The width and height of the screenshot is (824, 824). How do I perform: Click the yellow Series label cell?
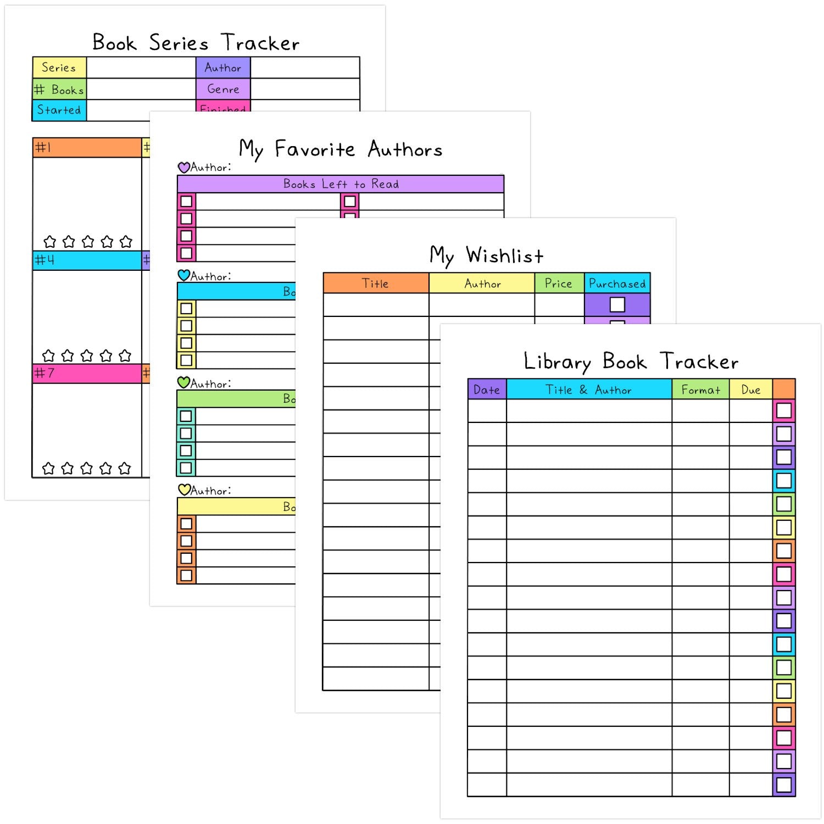coord(59,68)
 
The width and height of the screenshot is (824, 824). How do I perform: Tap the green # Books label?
coord(59,89)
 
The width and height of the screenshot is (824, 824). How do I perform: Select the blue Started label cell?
coord(59,110)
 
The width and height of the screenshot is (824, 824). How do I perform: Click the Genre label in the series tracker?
coord(223,89)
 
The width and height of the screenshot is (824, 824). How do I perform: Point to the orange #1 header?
coord(87,148)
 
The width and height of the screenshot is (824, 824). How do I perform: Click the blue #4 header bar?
coord(87,260)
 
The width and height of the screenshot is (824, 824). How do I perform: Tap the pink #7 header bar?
coord(87,374)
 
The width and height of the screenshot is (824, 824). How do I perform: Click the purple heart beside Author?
coord(183,167)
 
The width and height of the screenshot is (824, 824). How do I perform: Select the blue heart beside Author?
coord(183,275)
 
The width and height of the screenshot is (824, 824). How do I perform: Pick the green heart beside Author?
coord(183,382)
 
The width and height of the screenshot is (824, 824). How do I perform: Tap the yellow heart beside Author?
coord(183,489)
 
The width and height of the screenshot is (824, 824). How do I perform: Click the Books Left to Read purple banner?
coord(341,184)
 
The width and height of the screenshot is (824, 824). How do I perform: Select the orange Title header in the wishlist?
coord(376,283)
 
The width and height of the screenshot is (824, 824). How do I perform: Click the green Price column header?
coord(559,283)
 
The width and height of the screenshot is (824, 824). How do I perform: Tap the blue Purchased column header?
coord(617,283)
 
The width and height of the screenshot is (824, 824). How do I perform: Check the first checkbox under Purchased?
coord(617,304)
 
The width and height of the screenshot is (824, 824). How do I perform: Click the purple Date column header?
coord(487,389)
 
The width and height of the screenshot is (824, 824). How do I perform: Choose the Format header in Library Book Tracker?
coord(700,389)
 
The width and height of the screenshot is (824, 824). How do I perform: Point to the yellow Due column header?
coord(750,389)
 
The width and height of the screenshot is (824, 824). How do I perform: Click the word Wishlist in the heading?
coord(504,255)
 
